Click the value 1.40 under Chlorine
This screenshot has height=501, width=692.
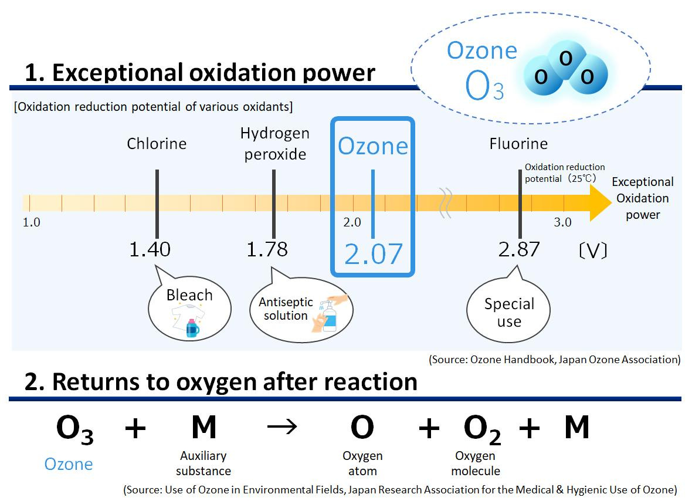pos(150,249)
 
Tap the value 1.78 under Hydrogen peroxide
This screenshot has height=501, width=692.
pos(267,249)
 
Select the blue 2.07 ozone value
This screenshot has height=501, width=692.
pos(374,254)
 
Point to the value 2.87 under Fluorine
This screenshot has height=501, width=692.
pos(519,249)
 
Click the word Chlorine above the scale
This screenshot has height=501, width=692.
pos(157,144)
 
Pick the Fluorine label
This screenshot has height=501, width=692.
pos(518,144)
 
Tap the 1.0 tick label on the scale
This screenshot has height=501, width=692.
pos(31,222)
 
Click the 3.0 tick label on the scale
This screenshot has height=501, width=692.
pos(562,222)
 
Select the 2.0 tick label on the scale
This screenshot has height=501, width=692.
pos(352,222)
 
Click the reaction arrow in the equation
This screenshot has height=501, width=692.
pos(282,428)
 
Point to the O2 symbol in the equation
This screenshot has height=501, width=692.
pos(482,430)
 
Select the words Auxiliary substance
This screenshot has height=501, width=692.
pos(203,463)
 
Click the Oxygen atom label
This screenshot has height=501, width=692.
pos(362,463)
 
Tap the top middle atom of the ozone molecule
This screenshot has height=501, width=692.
pos(565,58)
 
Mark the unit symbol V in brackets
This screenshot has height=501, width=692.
pos(592,252)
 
